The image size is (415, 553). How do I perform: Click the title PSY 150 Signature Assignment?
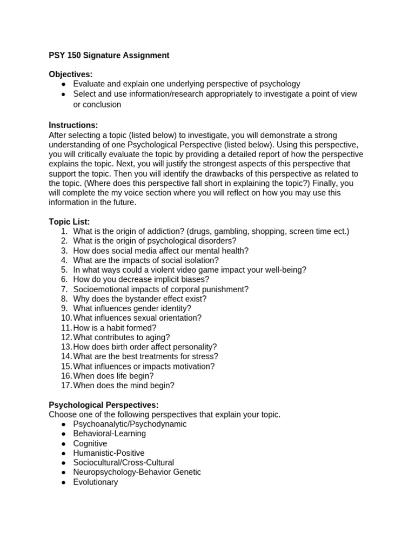tap(109, 55)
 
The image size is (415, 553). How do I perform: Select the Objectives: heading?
tap(71, 74)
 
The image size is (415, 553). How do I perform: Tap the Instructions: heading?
tap(73, 125)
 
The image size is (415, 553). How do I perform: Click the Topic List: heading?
tap(69, 221)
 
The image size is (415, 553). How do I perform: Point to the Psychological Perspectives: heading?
tap(103, 404)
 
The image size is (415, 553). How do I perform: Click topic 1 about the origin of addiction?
tap(211, 231)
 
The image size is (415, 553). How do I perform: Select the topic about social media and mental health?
tap(160, 251)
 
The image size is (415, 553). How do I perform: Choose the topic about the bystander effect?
tap(139, 299)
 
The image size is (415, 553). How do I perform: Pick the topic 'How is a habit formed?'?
tap(115, 328)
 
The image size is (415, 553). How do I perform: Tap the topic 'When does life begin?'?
tap(113, 376)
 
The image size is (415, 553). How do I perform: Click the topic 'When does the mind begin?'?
tap(123, 386)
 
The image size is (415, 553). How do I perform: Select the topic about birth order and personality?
tap(145, 347)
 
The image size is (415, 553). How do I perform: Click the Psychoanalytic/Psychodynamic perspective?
tap(130, 424)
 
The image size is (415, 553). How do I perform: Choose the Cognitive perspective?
tap(90, 443)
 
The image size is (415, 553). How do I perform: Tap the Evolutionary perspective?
tap(95, 482)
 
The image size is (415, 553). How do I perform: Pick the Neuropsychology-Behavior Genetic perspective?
tap(137, 472)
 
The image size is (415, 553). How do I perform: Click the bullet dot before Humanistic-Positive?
tap(63, 453)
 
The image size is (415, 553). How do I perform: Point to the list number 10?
tap(66, 318)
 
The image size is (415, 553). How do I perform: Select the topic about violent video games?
tap(189, 269)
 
